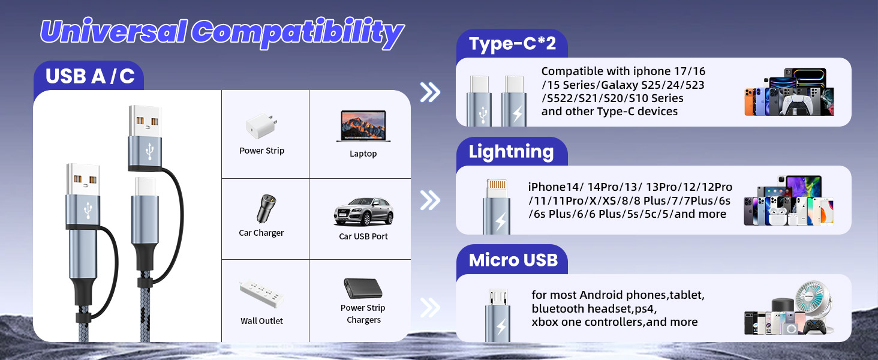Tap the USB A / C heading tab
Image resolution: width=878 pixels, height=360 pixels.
coord(89,76)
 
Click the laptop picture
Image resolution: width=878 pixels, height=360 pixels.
coord(363,126)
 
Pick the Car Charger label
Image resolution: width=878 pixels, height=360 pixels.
coord(261,233)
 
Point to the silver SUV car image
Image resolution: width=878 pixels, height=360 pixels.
coord(363,211)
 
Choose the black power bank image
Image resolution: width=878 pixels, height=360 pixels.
coord(363,289)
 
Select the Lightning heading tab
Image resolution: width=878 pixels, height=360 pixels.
coord(511,152)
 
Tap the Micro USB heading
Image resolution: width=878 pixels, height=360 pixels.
coord(513,260)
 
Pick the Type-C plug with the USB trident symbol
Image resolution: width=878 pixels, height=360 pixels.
coord(480,101)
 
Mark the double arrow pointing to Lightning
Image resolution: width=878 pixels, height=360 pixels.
coord(430,200)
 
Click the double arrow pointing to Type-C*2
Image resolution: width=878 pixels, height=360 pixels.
coord(430,92)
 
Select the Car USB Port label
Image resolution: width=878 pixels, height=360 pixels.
coord(363,236)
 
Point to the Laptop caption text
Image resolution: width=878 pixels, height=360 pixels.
coord(363,154)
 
